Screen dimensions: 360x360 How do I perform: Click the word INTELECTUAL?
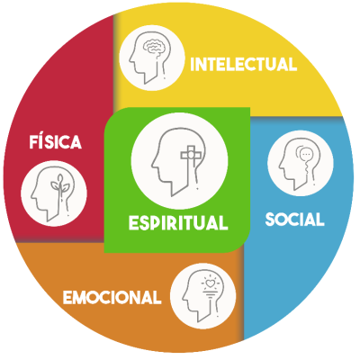(244, 64)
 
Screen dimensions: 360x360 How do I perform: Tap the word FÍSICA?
(56, 141)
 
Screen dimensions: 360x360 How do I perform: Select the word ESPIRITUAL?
(178, 222)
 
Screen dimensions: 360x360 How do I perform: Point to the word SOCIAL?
(294, 220)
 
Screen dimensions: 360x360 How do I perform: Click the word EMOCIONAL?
(112, 297)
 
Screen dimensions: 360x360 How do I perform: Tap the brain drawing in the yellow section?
(153, 47)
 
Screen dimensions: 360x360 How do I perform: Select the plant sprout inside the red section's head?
(60, 185)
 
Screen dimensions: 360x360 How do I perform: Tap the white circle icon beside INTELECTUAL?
(151, 58)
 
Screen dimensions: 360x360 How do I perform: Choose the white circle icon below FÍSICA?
(54, 193)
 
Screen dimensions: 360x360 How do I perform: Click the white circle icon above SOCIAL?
(301, 163)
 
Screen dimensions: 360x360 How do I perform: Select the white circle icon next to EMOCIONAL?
(203, 296)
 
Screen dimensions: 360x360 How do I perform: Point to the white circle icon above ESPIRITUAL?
(179, 161)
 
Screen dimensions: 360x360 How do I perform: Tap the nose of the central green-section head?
(153, 165)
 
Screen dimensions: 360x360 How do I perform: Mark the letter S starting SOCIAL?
(270, 220)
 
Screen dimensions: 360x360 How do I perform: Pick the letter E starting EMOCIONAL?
(67, 297)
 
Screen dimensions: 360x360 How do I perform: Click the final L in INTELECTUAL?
(293, 64)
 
